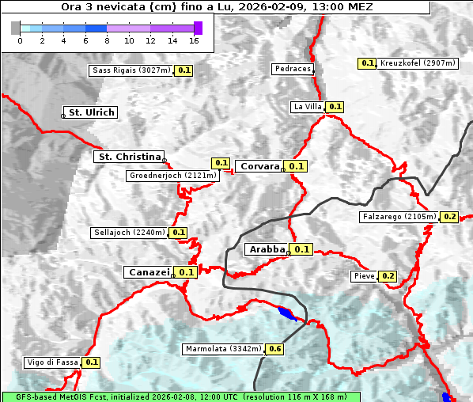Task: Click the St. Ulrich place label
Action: coord(92,112)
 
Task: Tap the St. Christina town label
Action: coord(129,157)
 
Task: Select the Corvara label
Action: coord(259,166)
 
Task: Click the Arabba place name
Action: coord(267,249)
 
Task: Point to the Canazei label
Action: coord(148,271)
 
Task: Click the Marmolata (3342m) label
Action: coord(222,349)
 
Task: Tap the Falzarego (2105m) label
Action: coord(399,216)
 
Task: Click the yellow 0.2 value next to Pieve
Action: coord(388,276)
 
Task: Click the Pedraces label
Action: coord(292,69)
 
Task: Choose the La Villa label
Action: coord(307,106)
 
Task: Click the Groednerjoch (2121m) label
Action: coord(172,175)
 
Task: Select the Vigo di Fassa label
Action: coord(53,362)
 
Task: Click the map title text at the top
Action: coord(218,6)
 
